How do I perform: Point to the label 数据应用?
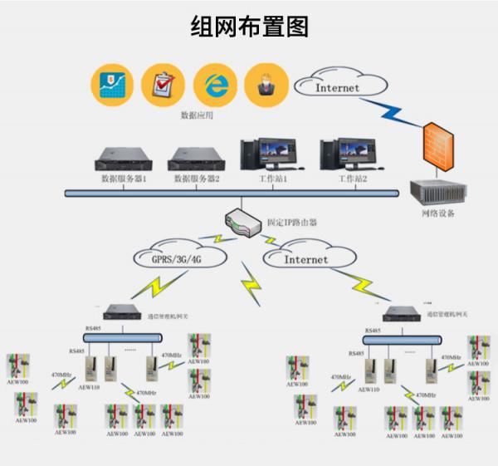(x=197, y=115)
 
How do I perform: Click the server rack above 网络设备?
(x=436, y=190)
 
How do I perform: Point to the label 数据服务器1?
(x=124, y=179)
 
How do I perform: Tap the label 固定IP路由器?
(x=291, y=223)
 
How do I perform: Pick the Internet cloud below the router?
(x=306, y=258)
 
